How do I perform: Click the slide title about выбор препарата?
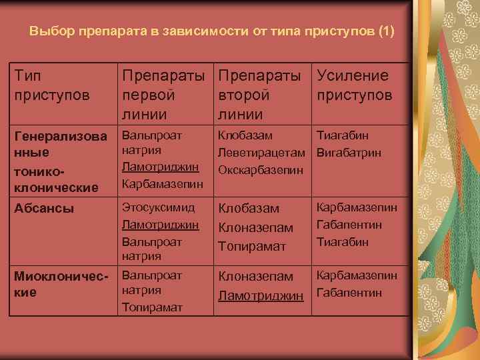(x=213, y=31)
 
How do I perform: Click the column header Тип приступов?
(x=52, y=85)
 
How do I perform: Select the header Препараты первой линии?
(x=164, y=95)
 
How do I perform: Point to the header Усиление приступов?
(x=354, y=85)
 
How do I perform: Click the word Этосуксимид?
(x=158, y=208)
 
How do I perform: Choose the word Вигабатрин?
(x=349, y=153)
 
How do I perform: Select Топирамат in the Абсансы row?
(x=250, y=246)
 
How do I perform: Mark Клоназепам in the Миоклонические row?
(x=255, y=275)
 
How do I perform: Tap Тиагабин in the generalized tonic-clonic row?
(x=342, y=135)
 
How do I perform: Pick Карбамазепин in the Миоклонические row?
(x=357, y=275)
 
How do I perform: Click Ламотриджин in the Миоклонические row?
(x=260, y=295)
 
